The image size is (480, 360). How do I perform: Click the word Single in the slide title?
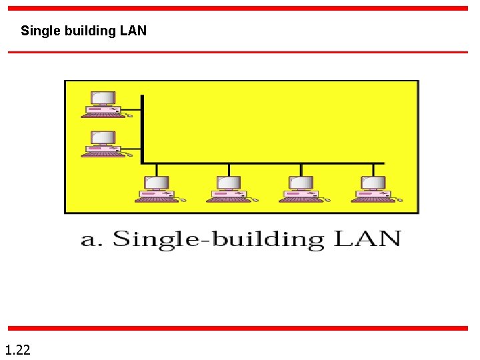coord(36,31)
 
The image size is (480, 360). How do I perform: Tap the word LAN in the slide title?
coord(134,31)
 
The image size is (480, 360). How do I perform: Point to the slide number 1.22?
coord(17,349)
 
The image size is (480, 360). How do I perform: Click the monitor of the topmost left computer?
coord(103,98)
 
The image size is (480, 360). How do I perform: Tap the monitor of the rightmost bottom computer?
coord(373,183)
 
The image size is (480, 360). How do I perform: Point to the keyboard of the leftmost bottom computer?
coord(156,199)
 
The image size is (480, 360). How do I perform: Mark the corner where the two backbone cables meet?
coord(143,163)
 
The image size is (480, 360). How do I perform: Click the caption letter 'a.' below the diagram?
coord(91,239)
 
